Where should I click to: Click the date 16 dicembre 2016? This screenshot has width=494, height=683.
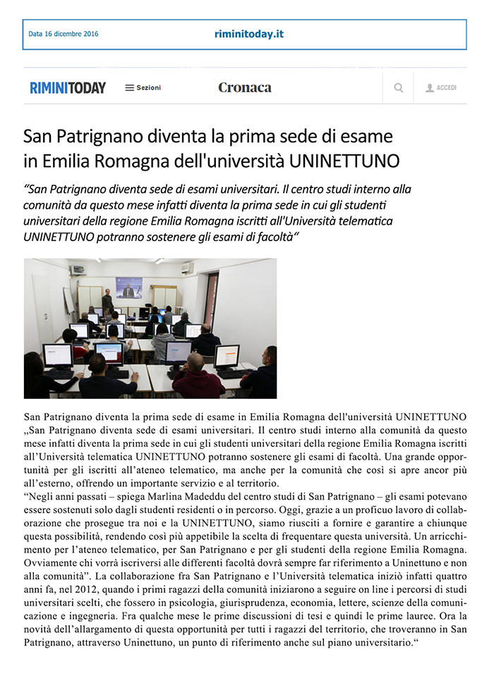[x=64, y=34]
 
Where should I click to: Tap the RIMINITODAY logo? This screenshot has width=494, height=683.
[x=68, y=88]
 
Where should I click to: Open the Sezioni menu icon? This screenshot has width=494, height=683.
[x=129, y=88]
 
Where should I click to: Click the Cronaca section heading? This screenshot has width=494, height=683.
[x=244, y=88]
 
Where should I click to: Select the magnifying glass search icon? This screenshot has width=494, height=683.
[x=399, y=88]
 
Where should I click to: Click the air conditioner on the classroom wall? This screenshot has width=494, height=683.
[x=187, y=268]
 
